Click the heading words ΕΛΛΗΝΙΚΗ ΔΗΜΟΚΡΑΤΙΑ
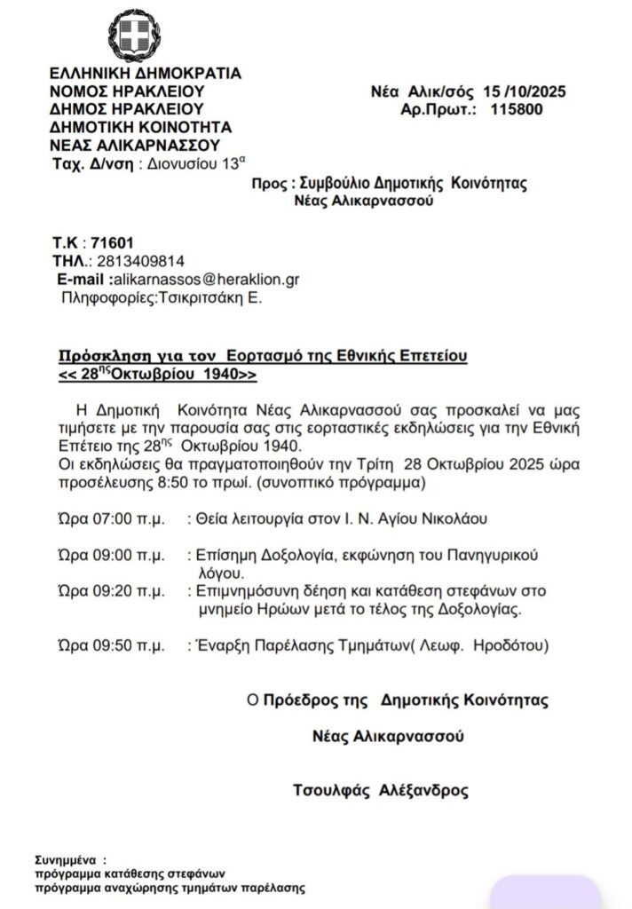[146, 74]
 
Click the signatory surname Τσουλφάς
[332, 790]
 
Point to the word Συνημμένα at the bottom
[64, 860]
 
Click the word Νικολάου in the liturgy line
[452, 518]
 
